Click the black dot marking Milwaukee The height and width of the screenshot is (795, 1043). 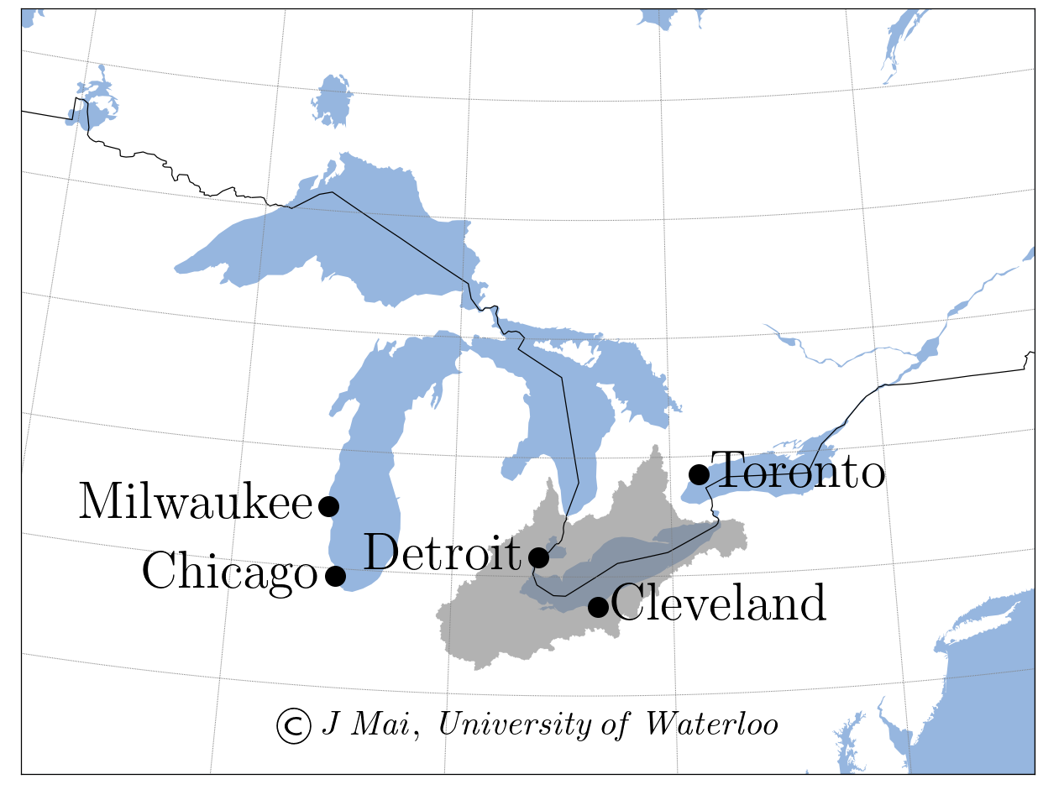[x=328, y=505]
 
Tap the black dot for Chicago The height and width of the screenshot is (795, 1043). [x=335, y=575]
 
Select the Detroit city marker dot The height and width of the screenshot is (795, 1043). [x=539, y=557]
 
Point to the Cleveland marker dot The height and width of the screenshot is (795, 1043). [x=598, y=606]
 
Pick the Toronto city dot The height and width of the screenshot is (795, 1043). [x=699, y=474]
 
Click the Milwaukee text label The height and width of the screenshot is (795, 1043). [x=196, y=504]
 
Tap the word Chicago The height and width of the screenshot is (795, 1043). [x=229, y=573]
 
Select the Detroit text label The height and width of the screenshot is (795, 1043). [x=443, y=554]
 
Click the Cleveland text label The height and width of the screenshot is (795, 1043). [x=719, y=604]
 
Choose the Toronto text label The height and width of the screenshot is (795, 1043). [x=799, y=472]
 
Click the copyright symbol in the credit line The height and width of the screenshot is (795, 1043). [x=294, y=726]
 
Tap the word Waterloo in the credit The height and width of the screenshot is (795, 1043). [x=710, y=724]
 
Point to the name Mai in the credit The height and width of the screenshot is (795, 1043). [x=382, y=724]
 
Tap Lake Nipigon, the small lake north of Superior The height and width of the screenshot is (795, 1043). [x=333, y=101]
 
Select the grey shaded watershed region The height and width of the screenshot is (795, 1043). [x=487, y=621]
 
